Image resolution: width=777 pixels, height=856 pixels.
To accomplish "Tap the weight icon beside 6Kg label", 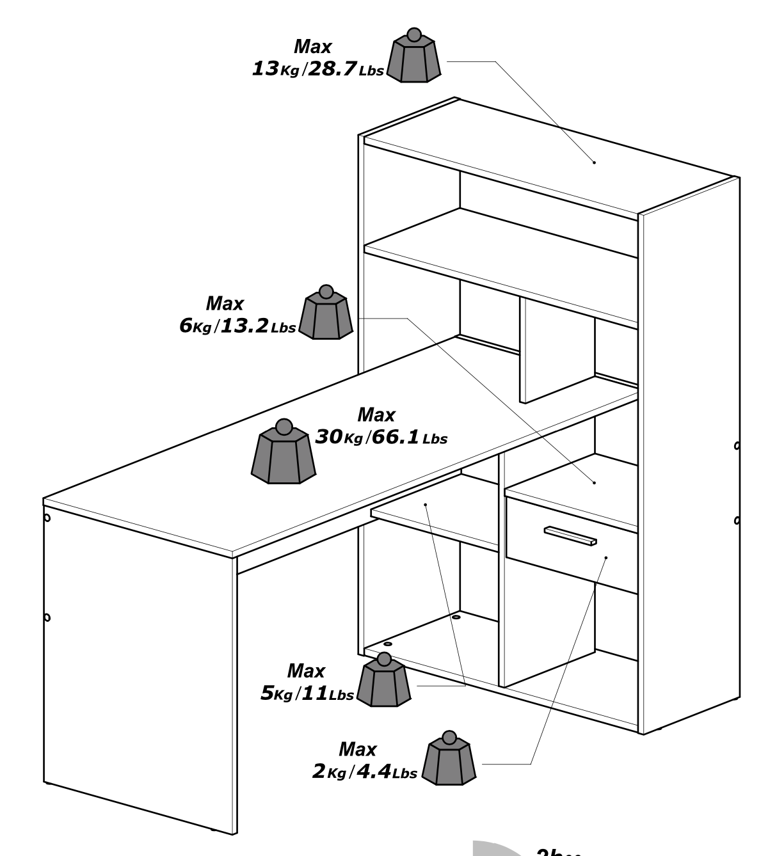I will [x=326, y=314].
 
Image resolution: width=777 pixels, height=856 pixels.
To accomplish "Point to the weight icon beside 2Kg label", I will [x=450, y=759].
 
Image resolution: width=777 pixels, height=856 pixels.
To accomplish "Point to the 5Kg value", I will [x=276, y=694].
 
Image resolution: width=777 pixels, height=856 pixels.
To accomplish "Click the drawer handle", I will [x=570, y=536].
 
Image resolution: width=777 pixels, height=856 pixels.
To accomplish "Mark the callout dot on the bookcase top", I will [x=594, y=162].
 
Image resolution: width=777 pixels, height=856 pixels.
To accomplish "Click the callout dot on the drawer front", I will [x=605, y=557].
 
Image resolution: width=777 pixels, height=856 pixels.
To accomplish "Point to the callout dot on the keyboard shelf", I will [x=426, y=504].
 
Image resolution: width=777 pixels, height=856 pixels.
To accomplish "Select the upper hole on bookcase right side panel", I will [x=737, y=445].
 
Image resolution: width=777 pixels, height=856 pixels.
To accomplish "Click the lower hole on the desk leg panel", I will [x=47, y=617].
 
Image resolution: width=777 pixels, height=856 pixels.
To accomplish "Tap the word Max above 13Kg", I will [x=312, y=47].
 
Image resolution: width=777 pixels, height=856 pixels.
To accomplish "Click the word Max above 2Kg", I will [x=357, y=749].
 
